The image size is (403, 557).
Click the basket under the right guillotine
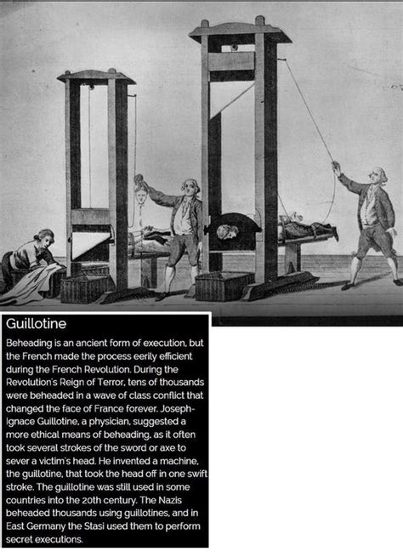pyautogui.click(x=223, y=286)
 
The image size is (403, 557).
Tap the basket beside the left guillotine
pyautogui.click(x=84, y=287)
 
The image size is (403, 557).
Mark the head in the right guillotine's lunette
pyautogui.click(x=224, y=230)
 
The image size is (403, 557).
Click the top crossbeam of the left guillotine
pyautogui.click(x=96, y=77)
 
